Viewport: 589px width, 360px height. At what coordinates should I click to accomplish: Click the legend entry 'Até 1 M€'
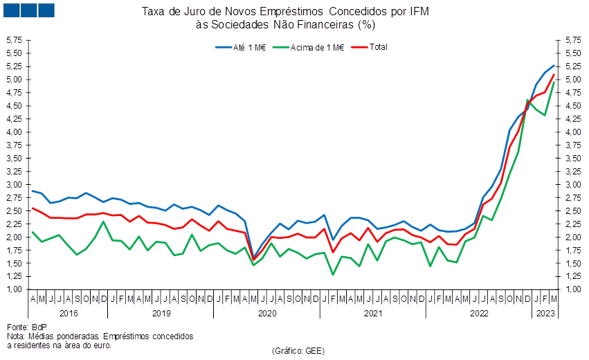240,47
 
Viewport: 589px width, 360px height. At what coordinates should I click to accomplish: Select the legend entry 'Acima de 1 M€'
307,47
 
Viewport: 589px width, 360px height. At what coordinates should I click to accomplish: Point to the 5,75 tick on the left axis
15,40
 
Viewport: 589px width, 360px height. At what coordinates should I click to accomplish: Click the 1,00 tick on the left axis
15,289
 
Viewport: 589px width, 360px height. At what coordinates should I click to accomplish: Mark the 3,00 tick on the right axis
573,185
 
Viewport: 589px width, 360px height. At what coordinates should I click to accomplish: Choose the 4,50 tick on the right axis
573,106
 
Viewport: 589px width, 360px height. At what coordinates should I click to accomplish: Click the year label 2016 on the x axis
69,313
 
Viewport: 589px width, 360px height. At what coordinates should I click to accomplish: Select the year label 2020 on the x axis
267,313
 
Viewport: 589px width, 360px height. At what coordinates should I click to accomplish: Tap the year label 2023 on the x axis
545,313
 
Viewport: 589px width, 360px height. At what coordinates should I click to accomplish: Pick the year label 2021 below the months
373,313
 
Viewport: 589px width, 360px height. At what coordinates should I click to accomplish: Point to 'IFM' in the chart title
419,12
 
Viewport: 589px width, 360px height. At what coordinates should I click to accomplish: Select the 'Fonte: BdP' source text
27,327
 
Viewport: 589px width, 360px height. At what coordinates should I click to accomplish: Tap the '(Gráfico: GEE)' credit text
298,350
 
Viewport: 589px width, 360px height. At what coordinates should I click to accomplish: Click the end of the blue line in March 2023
554,65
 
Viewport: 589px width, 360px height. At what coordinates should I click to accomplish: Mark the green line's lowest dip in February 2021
333,275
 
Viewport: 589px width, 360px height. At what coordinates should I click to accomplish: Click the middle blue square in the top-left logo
29,10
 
